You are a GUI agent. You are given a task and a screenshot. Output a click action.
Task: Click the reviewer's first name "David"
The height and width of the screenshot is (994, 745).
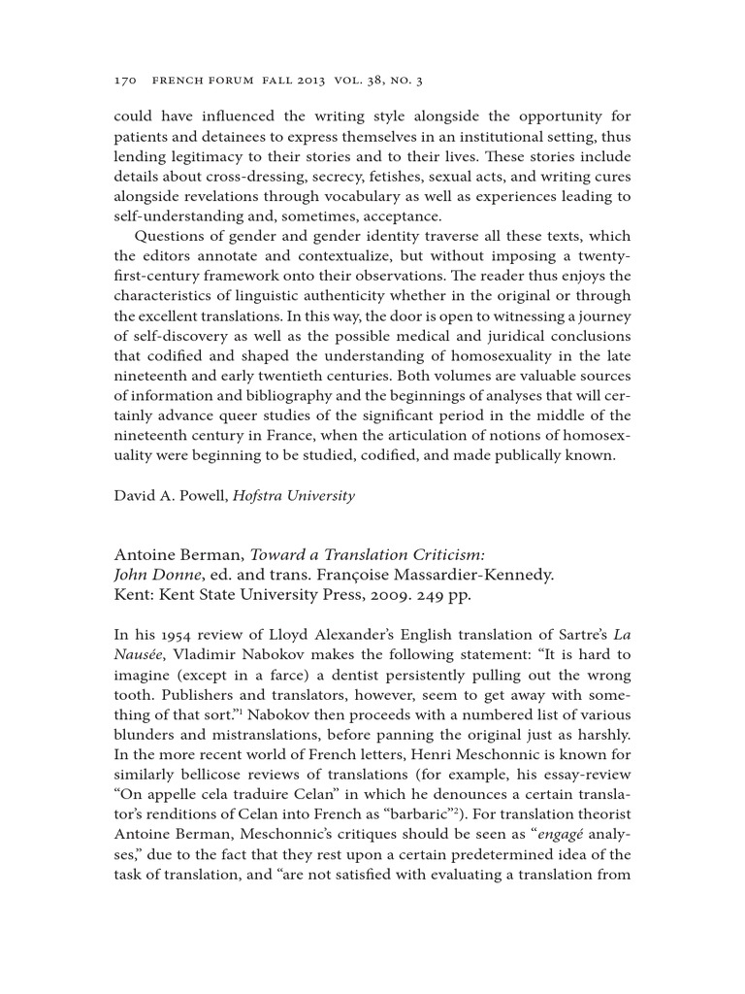[x=136, y=496]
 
